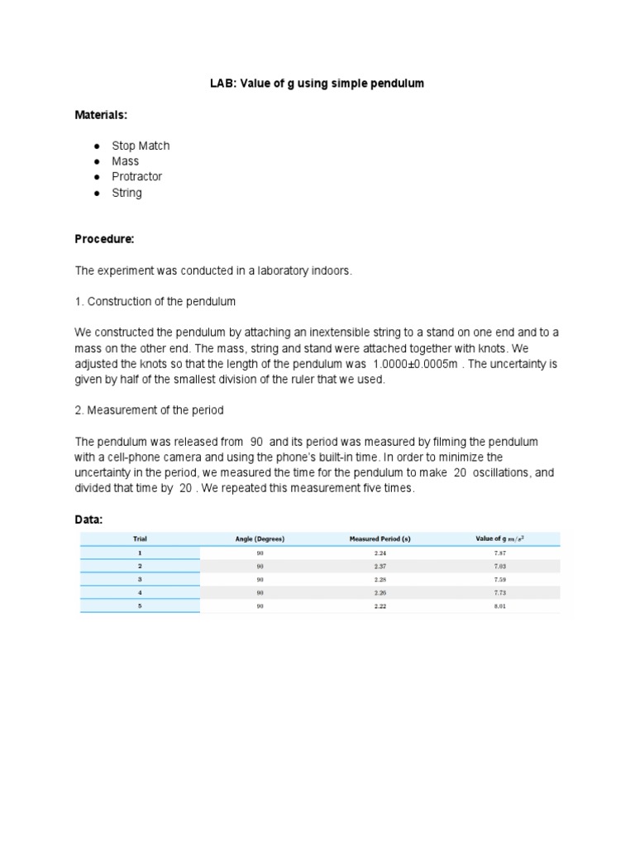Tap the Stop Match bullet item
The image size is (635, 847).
click(x=141, y=146)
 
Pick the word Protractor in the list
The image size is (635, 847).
click(x=137, y=176)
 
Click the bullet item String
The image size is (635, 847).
click(x=127, y=193)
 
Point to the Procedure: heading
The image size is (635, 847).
click(x=104, y=239)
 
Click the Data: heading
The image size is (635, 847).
click(x=89, y=519)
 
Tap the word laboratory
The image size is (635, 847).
click(x=266, y=270)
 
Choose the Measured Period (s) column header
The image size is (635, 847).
click(x=380, y=539)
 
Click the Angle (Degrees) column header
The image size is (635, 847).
click(x=260, y=539)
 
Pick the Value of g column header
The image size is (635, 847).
click(x=500, y=539)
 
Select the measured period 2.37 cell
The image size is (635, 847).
click(x=380, y=566)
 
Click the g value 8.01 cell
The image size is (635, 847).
click(x=499, y=605)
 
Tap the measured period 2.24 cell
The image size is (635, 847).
click(x=380, y=553)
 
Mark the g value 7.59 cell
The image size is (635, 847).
click(x=499, y=579)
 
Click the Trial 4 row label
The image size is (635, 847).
click(x=140, y=592)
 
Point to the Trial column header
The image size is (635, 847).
click(x=140, y=539)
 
